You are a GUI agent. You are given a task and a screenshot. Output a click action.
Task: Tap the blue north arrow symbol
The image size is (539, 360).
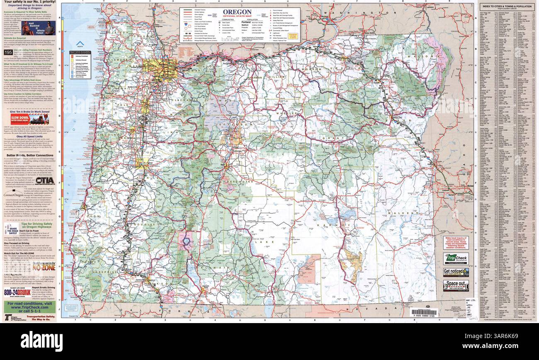click(x=80, y=44)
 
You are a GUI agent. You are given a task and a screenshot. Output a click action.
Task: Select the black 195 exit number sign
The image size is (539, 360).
click(x=8, y=53)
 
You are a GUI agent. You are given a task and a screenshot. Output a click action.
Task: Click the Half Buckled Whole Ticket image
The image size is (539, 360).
click(x=39, y=29)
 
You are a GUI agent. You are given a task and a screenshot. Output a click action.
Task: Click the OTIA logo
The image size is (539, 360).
click(x=45, y=180)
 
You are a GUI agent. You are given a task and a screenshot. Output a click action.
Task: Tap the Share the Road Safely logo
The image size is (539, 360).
click(x=12, y=229)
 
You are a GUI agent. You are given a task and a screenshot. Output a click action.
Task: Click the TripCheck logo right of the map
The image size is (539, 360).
click(x=456, y=258)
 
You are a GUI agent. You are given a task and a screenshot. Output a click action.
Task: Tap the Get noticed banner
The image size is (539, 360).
click(x=456, y=272)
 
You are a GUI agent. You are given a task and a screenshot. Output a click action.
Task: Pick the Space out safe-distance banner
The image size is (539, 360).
click(x=456, y=285)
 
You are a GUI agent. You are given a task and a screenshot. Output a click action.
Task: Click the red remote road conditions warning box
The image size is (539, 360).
click(x=456, y=243)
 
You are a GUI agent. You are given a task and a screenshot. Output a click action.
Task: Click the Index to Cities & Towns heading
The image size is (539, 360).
click(x=506, y=6)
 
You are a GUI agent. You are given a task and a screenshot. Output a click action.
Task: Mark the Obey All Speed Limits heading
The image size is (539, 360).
click(x=31, y=136)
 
